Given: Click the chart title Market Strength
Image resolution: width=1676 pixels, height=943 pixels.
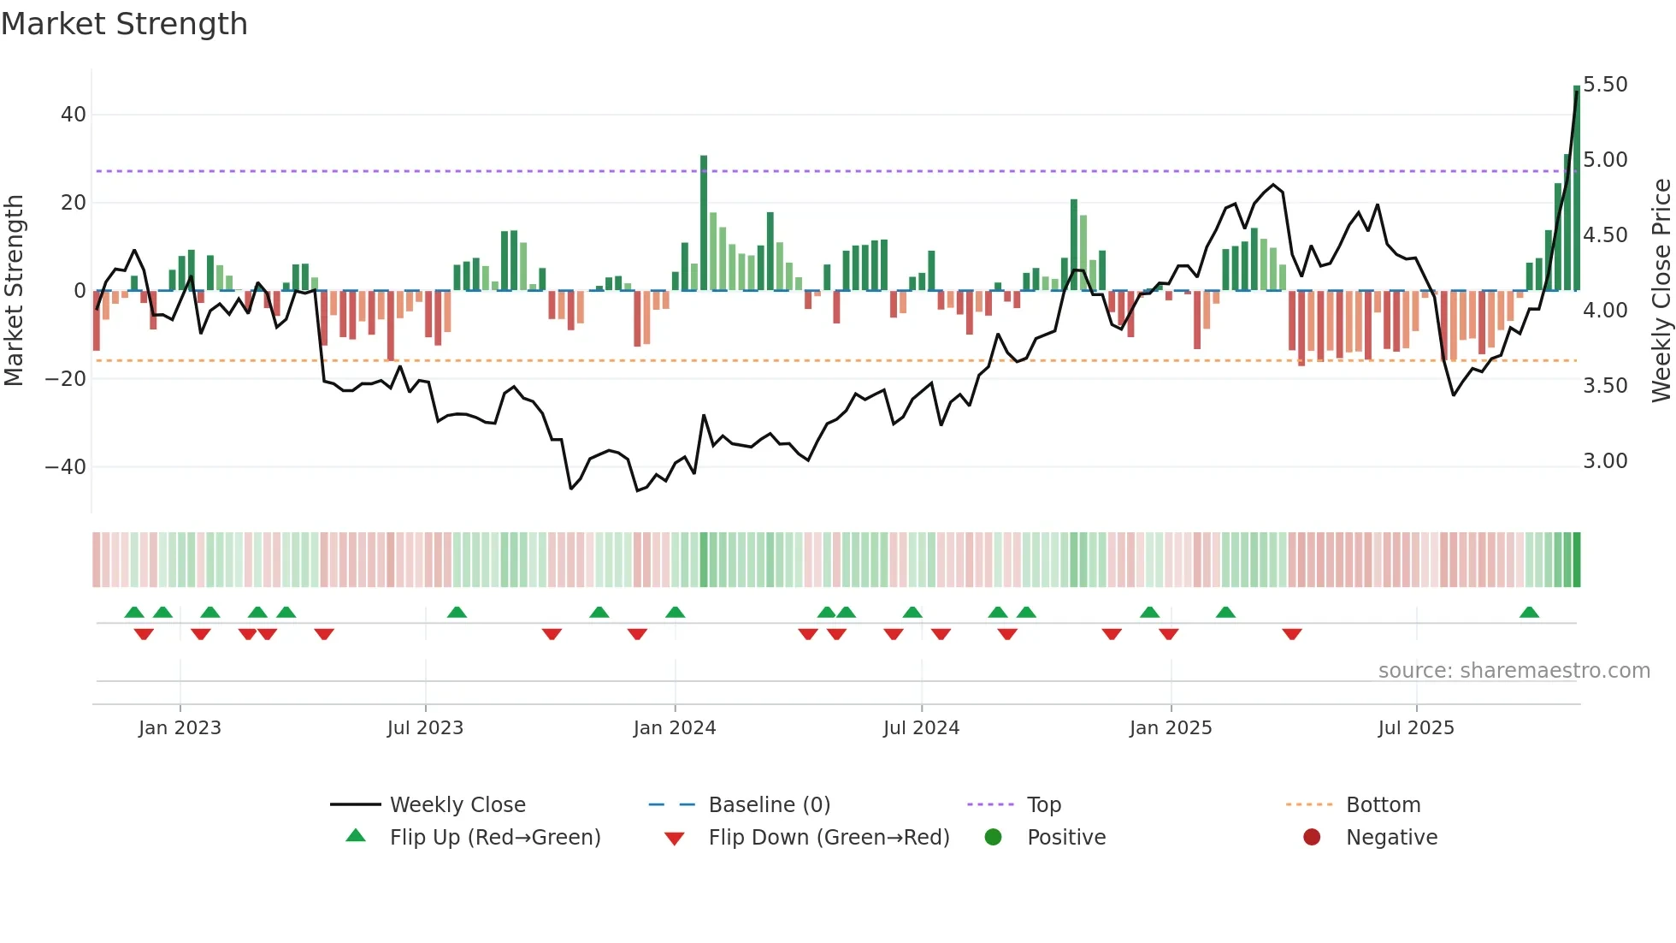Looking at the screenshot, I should click(125, 24).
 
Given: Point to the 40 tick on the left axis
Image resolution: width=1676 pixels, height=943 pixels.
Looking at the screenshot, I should click(74, 115).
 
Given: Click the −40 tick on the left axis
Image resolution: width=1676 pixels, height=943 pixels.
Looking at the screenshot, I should click(66, 467).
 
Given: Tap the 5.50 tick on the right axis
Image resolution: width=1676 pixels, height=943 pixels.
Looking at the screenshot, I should click(1605, 85).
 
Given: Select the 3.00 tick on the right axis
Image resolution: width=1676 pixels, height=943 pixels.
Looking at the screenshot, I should click(1605, 461).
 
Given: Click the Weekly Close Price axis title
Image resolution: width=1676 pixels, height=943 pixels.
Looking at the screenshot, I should click(1661, 291).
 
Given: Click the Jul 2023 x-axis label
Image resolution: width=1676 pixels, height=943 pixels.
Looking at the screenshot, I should click(425, 728).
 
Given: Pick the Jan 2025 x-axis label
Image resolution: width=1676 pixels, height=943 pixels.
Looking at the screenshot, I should click(1171, 728).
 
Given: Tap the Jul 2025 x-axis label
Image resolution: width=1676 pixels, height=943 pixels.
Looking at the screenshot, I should click(1416, 728).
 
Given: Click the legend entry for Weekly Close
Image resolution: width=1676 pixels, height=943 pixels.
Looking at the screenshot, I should click(457, 805).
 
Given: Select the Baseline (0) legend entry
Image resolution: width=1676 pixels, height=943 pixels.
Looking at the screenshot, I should click(769, 805).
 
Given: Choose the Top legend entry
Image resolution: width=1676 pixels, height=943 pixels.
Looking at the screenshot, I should click(1043, 805).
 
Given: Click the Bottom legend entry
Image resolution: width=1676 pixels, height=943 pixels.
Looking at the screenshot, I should click(1383, 805).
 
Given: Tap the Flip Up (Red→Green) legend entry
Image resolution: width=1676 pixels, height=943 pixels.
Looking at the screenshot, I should click(495, 838).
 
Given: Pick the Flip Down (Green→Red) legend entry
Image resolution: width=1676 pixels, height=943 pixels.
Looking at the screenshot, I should click(829, 838).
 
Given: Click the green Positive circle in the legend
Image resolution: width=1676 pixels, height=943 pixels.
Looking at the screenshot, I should click(993, 838).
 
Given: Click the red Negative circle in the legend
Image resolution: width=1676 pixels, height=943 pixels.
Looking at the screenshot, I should click(1312, 838).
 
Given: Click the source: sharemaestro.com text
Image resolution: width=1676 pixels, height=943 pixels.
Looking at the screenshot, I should click(1514, 671).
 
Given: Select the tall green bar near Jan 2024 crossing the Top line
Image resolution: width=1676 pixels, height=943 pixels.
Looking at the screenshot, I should click(704, 222).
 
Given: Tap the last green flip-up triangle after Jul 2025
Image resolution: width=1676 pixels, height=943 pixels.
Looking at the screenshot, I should click(1529, 612).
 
